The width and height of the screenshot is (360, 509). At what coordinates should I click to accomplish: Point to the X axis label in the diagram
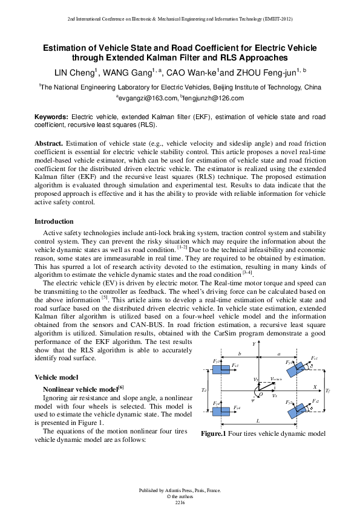coord(314,385)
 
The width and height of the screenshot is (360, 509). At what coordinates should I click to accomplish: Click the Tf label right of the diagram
coord(327,391)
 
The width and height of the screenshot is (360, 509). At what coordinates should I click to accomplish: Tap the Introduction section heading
coord(54,222)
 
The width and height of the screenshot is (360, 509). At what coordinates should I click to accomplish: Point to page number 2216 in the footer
coord(180,502)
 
